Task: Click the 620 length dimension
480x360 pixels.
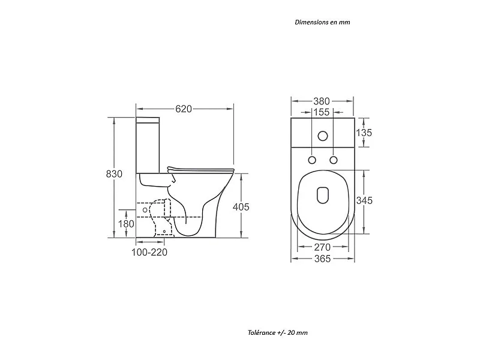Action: [184, 109]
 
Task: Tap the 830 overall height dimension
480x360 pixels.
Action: [114, 174]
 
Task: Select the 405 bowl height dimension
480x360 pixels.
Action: [241, 207]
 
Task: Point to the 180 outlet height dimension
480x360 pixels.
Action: [126, 224]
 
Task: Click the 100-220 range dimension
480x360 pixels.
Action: [149, 252]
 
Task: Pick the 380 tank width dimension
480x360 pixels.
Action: [322, 101]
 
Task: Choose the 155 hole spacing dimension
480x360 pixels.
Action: [322, 112]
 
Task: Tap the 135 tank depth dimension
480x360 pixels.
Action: [364, 133]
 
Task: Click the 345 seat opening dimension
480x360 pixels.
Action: [364, 200]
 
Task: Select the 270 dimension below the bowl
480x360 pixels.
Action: [322, 247]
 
